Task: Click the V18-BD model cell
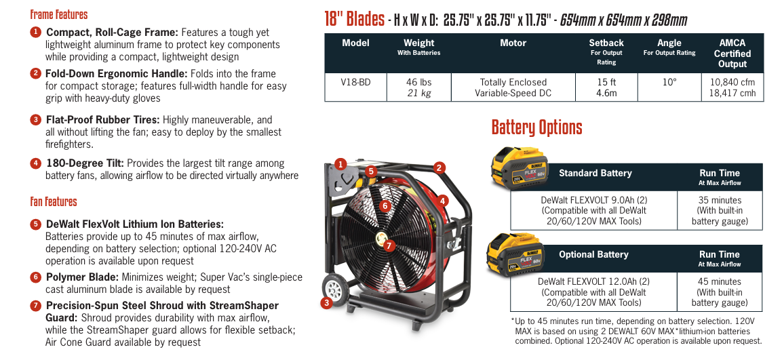pos(355,87)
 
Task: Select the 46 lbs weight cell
pos(418,87)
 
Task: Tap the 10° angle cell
pos(669,82)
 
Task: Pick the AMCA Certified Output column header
pos(732,53)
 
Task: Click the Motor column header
pos(513,43)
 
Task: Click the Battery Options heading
pos(536,127)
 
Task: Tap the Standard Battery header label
pos(595,173)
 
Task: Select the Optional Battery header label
pos(593,254)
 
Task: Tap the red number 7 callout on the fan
pos(389,245)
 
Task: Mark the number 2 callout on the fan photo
pos(439,167)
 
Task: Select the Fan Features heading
pos(54,201)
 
